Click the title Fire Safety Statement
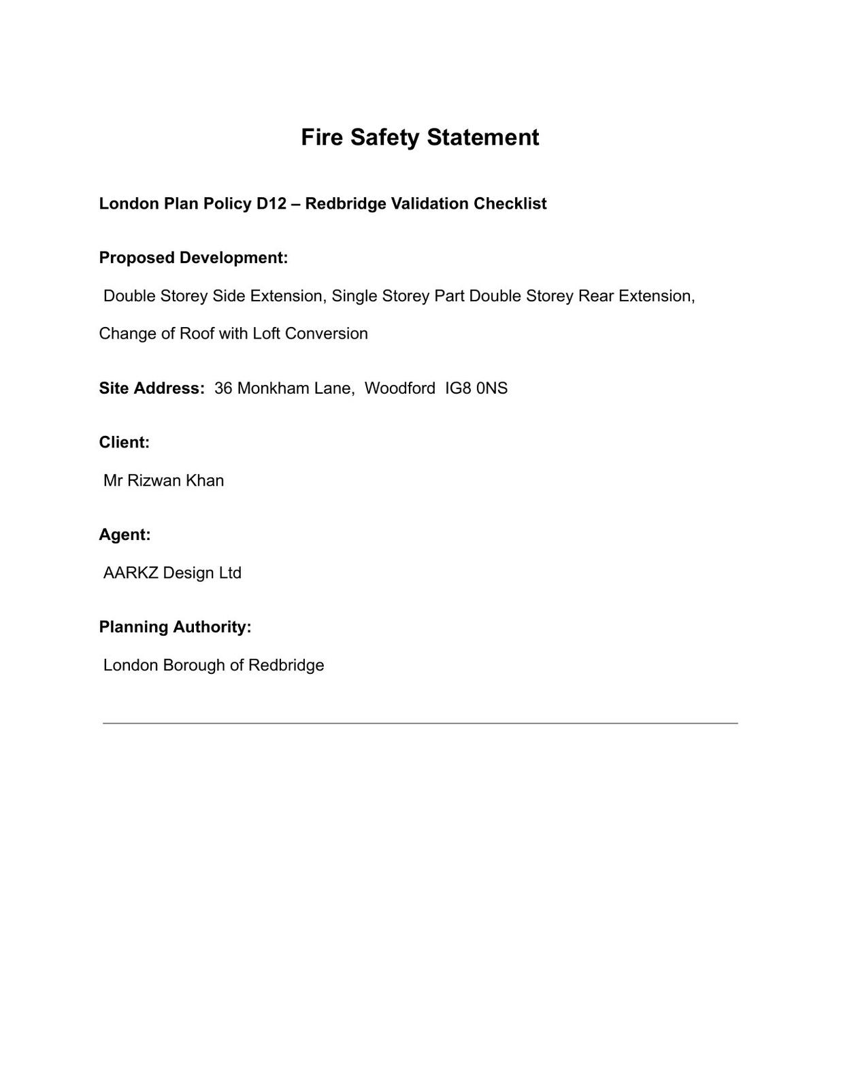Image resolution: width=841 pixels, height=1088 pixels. (420, 137)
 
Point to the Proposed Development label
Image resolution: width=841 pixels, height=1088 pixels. (193, 258)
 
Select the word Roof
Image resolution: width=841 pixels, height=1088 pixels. (197, 334)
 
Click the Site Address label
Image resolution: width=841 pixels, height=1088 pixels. (151, 388)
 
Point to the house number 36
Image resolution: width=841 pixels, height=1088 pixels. (223, 388)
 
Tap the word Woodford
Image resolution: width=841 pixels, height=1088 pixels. (399, 388)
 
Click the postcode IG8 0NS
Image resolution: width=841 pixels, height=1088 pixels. (476, 388)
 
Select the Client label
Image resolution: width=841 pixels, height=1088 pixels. (124, 443)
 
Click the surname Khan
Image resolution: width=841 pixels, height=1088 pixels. (205, 481)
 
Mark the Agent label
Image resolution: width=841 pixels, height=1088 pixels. (125, 535)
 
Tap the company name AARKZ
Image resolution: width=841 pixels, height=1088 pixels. (131, 573)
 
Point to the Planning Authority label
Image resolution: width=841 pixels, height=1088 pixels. (175, 627)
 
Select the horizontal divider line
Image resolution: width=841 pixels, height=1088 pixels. (420, 723)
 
